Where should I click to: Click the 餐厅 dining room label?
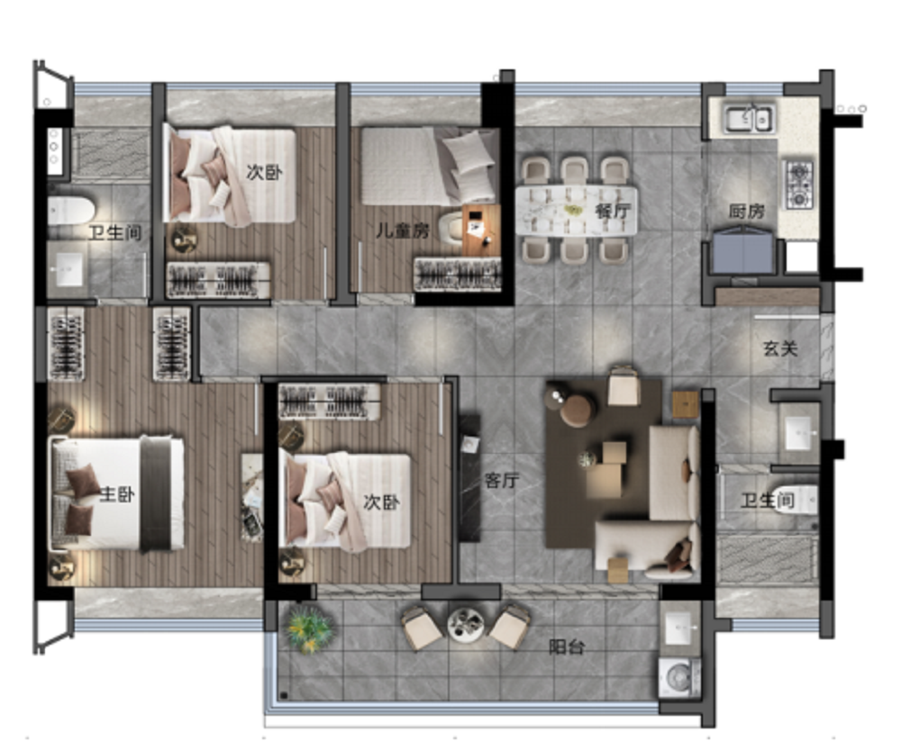point(613,211)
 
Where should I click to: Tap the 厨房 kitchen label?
point(746,212)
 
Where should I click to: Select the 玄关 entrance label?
point(780,348)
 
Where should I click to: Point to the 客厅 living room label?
point(502,480)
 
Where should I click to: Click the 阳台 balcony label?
point(567,646)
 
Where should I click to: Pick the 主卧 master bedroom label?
point(117,494)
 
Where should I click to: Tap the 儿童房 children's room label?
point(402,230)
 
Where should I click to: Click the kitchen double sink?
point(748,118)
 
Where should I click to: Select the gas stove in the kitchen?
point(799,185)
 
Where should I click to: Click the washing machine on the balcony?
point(679,678)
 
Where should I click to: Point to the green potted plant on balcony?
point(308,629)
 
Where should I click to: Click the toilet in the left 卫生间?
point(71,211)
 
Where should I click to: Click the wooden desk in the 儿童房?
point(481,230)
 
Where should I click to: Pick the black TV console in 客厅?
point(469,478)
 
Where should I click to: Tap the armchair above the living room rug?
point(623,385)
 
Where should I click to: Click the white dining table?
point(577,210)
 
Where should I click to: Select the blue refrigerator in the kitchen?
point(743,250)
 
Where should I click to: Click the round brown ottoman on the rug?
point(577,411)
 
